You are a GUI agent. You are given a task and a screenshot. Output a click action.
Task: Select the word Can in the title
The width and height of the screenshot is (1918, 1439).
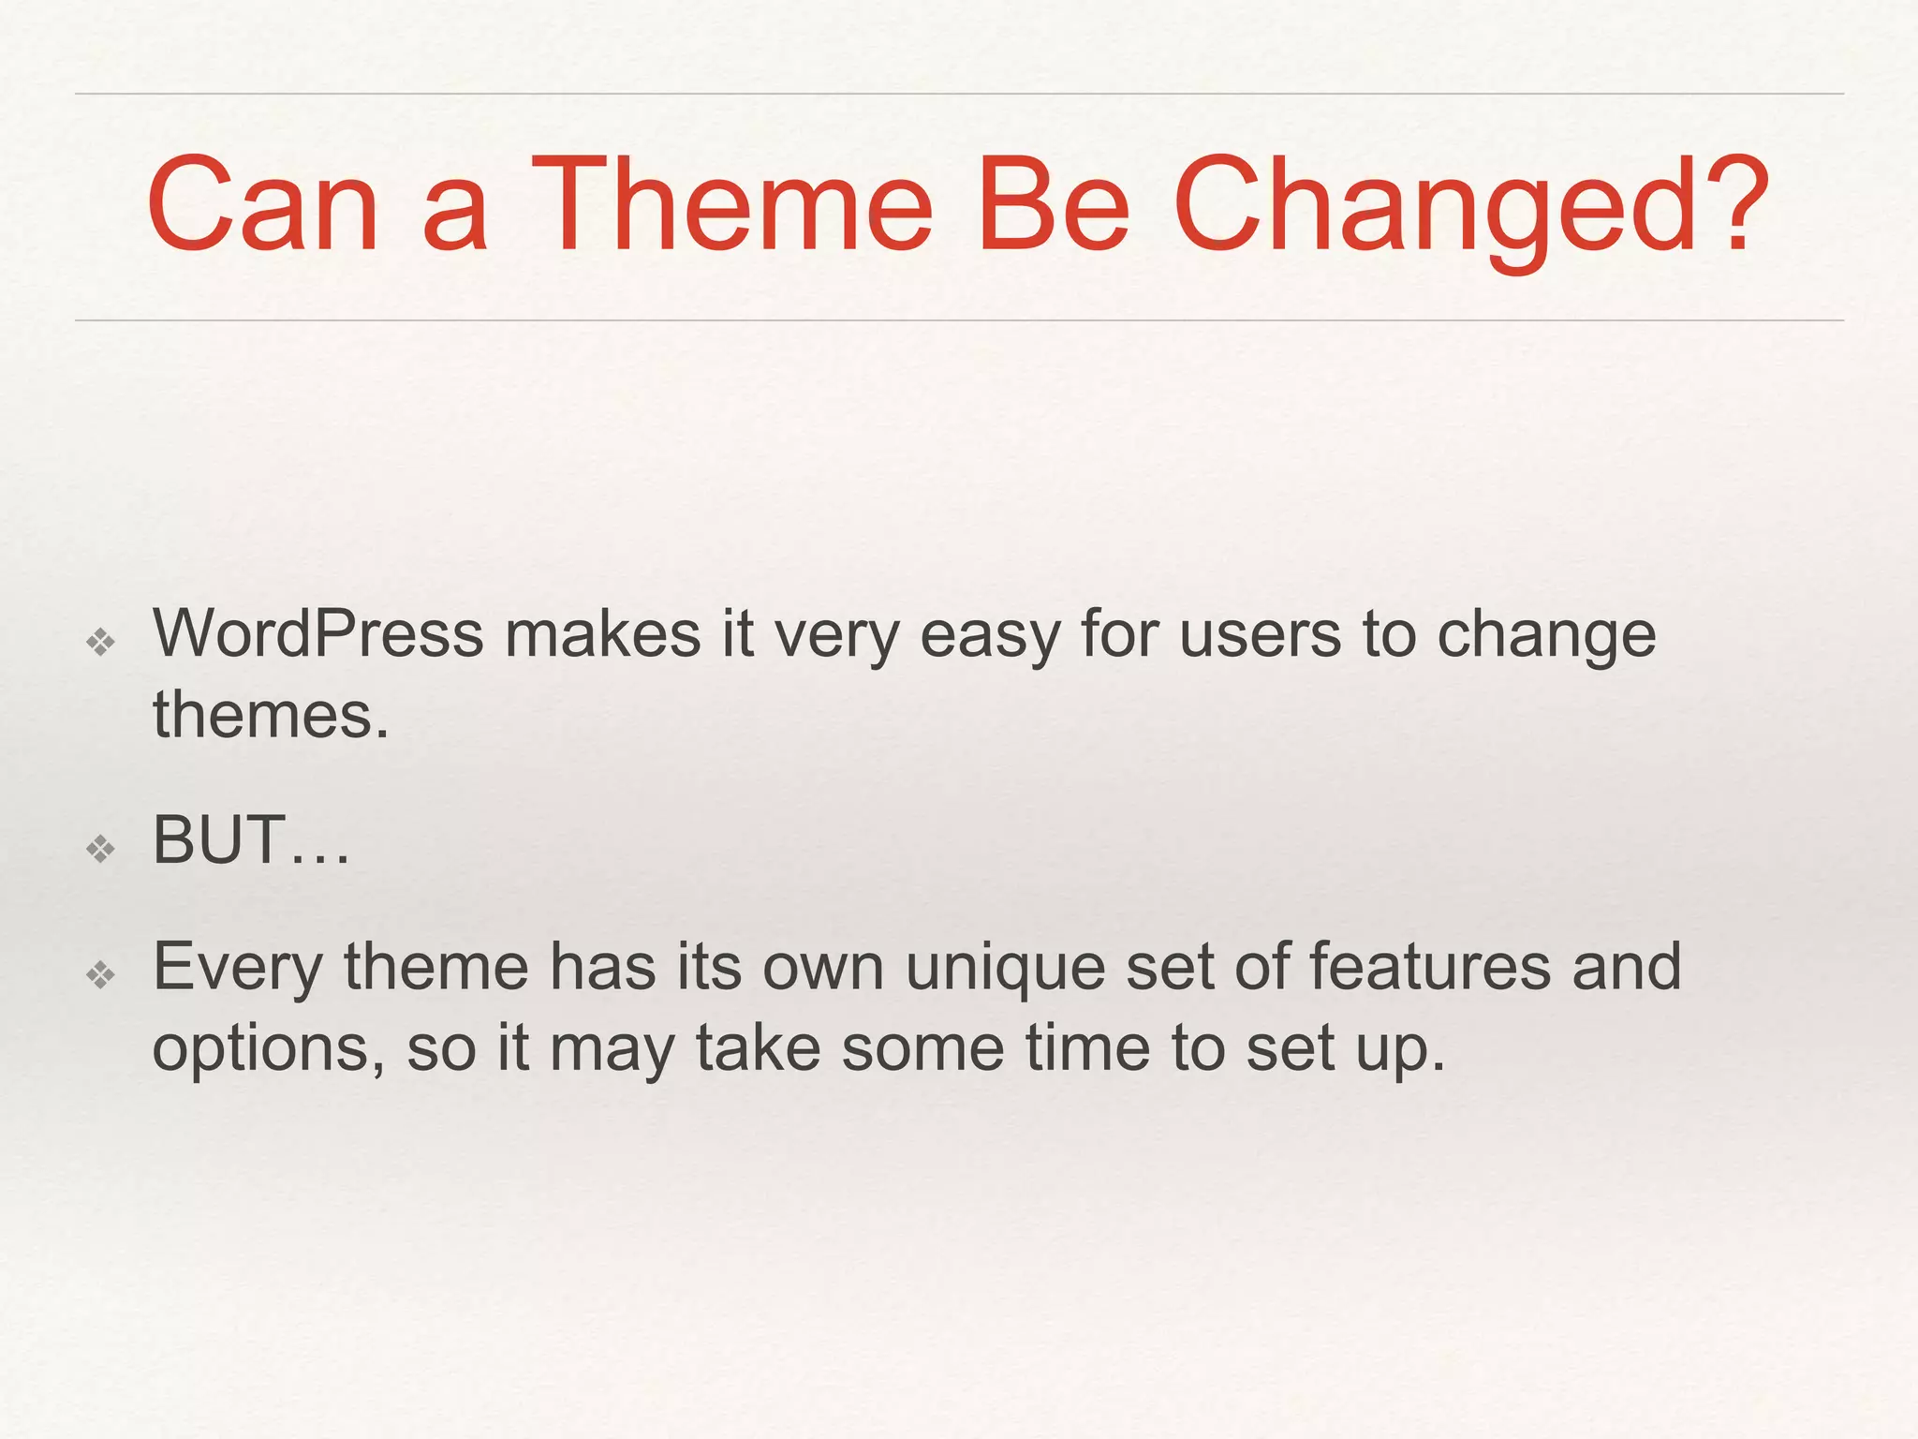[262, 206]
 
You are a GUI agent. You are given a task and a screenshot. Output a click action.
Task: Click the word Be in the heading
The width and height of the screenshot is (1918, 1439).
[1053, 206]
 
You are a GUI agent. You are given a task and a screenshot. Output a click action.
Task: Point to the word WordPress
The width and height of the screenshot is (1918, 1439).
[317, 634]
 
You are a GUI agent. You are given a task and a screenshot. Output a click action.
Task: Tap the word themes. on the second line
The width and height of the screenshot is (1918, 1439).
[271, 716]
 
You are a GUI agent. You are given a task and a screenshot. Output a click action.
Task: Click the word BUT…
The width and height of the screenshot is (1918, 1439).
[251, 840]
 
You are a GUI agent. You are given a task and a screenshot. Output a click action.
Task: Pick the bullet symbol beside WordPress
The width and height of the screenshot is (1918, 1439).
[100, 643]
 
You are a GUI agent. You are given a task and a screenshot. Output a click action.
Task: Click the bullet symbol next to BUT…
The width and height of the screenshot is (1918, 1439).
[100, 850]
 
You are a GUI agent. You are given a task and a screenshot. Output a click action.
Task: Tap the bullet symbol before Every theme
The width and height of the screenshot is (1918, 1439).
[100, 975]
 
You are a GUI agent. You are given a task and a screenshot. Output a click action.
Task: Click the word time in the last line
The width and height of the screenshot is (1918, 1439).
[1087, 1047]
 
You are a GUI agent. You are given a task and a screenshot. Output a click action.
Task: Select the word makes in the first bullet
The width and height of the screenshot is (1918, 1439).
[602, 634]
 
